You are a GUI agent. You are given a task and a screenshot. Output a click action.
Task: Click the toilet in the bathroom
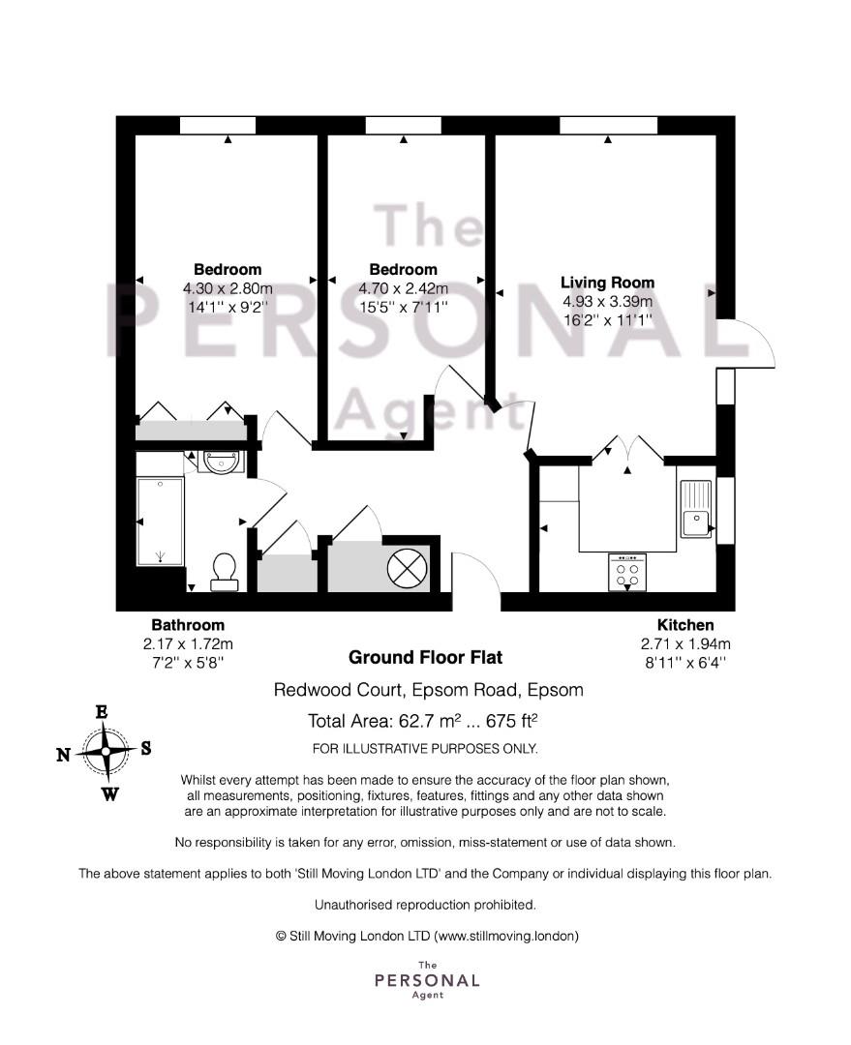[225, 573]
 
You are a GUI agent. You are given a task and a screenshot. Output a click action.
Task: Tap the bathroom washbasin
[221, 462]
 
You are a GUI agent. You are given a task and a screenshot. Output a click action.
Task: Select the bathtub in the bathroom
[160, 522]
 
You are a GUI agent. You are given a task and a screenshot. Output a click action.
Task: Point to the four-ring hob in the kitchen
[627, 573]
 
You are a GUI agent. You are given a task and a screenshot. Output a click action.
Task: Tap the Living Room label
[608, 283]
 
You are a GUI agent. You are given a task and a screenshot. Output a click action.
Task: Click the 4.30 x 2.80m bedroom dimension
[228, 288]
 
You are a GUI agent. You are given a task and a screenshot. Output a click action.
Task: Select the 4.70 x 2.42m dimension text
[404, 288]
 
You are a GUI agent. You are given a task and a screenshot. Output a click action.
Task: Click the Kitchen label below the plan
[685, 625]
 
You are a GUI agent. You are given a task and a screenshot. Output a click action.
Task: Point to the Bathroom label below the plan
[188, 625]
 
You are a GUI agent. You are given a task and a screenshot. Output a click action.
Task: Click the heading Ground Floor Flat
[426, 658]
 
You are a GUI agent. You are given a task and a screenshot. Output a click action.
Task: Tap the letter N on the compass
[63, 755]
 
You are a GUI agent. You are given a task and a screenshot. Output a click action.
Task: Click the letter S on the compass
[146, 748]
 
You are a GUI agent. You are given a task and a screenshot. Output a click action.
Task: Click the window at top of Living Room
[608, 125]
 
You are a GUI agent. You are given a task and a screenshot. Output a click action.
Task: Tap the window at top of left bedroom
[218, 125]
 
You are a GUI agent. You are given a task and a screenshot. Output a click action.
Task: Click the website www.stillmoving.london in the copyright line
[506, 937]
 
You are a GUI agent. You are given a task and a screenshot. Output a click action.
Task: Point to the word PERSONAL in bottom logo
[428, 980]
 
